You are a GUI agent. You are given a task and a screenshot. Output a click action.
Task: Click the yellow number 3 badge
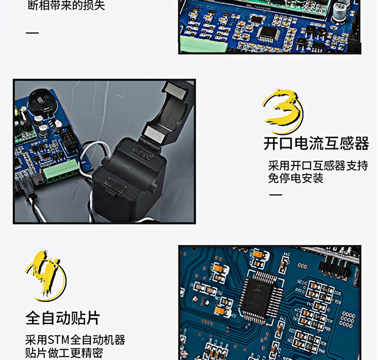click(x=282, y=111)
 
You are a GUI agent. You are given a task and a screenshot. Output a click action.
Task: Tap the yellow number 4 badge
click(x=45, y=275)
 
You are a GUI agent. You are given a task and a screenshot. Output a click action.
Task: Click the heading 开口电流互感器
click(x=316, y=143)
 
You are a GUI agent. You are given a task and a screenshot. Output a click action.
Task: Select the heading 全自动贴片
click(x=63, y=318)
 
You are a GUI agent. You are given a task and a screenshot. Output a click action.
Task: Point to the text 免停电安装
click(x=296, y=178)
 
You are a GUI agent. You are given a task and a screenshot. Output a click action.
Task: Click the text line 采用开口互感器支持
click(x=318, y=165)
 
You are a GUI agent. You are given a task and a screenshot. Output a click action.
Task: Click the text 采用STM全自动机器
click(x=75, y=340)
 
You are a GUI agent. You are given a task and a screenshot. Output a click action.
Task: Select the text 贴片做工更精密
click(x=64, y=353)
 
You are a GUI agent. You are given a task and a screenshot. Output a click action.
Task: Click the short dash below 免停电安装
click(x=276, y=195)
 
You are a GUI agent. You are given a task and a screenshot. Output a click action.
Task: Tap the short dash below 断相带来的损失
click(x=32, y=33)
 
